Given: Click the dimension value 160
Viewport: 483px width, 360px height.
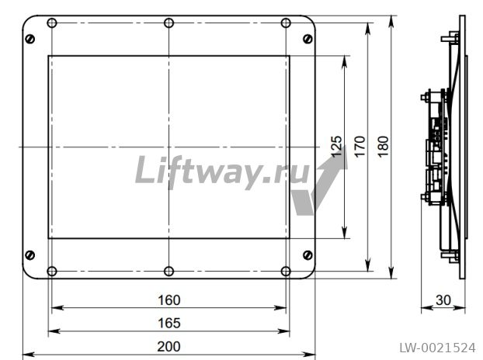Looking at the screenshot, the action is tap(169, 300).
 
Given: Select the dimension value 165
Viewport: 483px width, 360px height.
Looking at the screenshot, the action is tap(169, 323).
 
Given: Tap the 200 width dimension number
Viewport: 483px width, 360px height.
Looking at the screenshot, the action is tap(169, 347).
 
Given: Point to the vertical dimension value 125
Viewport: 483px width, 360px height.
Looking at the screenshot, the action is tap(336, 147).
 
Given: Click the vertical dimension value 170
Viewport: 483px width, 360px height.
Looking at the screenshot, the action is tap(360, 147).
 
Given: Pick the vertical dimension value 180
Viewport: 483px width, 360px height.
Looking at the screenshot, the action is tap(383, 147).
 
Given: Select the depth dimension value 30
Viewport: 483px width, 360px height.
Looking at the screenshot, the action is tap(443, 300).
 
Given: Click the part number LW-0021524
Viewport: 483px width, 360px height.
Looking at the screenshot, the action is tap(437, 348).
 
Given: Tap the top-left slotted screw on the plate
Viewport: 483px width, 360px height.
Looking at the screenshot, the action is tap(30, 39).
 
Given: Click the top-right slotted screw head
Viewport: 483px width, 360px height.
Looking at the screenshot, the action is tap(308, 39).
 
